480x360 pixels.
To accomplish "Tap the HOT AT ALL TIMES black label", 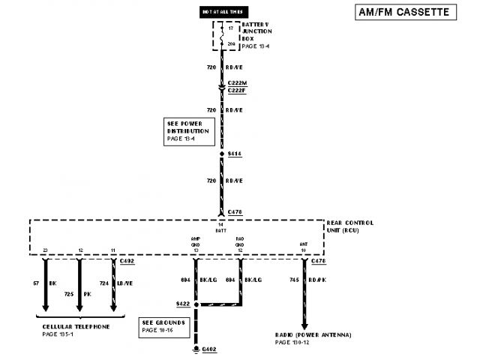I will tap(221, 12).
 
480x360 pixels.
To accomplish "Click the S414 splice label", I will tap(235, 154).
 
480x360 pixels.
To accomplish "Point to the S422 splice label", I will tap(182, 304).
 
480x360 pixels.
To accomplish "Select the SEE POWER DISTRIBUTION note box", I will tap(187, 131).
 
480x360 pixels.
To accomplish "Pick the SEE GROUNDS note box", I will tap(162, 325).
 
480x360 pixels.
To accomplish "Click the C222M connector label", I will tap(236, 82).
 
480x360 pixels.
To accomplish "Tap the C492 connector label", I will tap(127, 261).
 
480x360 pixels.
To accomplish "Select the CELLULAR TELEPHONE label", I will tap(76, 328).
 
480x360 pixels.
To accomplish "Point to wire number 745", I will tap(294, 280).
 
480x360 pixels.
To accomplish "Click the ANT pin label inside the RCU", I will tap(304, 244).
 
